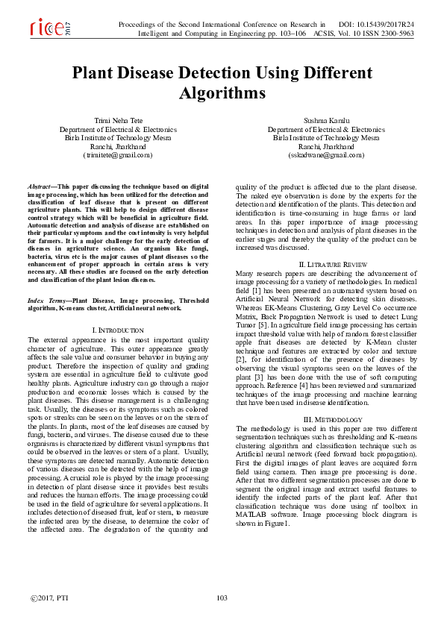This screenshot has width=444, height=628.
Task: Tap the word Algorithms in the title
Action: pos(222,94)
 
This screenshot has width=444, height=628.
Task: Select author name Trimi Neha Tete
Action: pos(118,120)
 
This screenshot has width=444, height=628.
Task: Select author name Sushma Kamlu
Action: pos(326,120)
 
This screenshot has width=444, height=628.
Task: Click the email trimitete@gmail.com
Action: pos(118,155)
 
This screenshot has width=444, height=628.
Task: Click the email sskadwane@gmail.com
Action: pos(325,155)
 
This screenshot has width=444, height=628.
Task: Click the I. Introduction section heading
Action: pos(118,329)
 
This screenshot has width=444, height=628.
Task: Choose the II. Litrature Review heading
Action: pos(326,265)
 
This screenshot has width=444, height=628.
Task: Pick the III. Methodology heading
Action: pos(326,420)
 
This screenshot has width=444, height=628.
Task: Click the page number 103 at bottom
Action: pos(221,598)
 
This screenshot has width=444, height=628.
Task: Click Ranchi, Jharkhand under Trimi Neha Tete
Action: pos(118,146)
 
